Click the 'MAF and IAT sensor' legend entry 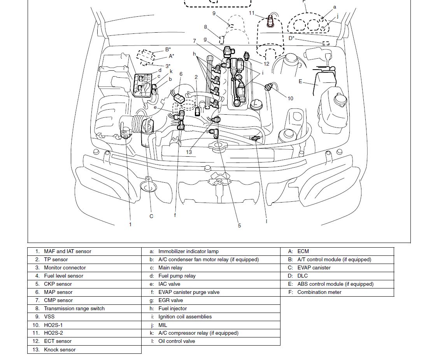pyautogui.click(x=67, y=252)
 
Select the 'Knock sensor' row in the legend pyautogui.click(x=60, y=350)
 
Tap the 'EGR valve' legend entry pyautogui.click(x=170, y=301)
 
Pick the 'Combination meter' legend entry pyautogui.click(x=319, y=292)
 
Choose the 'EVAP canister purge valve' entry pyautogui.click(x=189, y=292)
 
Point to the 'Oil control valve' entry pyautogui.click(x=177, y=341)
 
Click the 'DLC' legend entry pyautogui.click(x=302, y=276)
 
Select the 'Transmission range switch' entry pyautogui.click(x=74, y=309)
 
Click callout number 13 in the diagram pyautogui.click(x=189, y=152)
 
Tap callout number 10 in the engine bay pyautogui.click(x=290, y=98)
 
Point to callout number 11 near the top pyautogui.click(x=252, y=13)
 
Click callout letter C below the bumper pyautogui.click(x=151, y=216)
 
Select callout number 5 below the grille pyautogui.click(x=239, y=225)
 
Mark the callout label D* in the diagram pyautogui.click(x=291, y=38)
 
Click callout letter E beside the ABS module pyautogui.click(x=300, y=81)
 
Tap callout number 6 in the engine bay pyautogui.click(x=181, y=74)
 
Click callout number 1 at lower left pyautogui.click(x=130, y=224)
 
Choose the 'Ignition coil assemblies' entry pyautogui.click(x=185, y=317)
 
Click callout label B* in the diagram pyautogui.click(x=168, y=49)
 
